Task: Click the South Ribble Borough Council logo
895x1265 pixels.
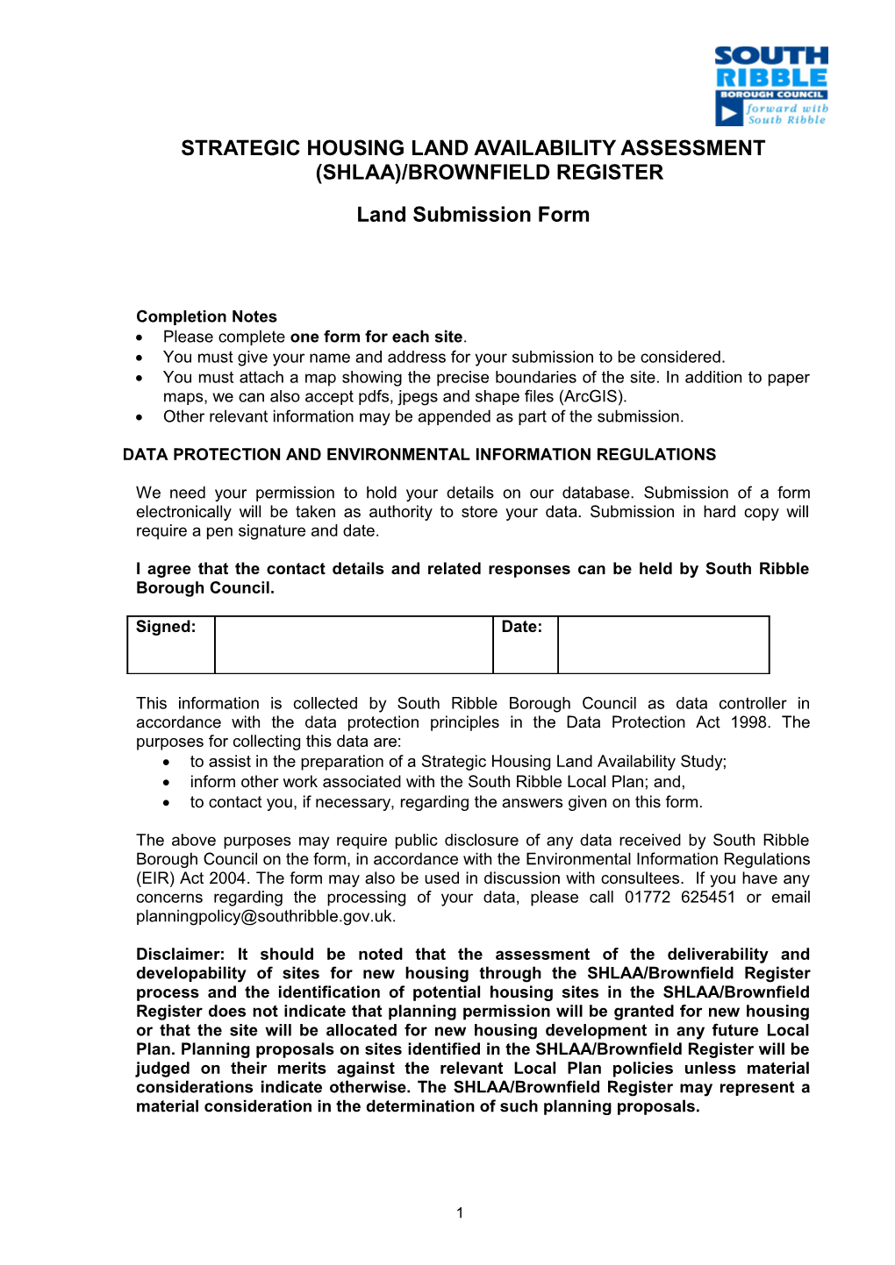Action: pyautogui.click(x=771, y=86)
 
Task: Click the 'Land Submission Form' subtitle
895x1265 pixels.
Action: pyautogui.click(x=473, y=215)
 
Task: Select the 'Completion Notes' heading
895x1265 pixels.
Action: pyautogui.click(x=206, y=316)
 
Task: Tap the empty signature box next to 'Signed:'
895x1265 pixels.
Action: pyautogui.click(x=354, y=645)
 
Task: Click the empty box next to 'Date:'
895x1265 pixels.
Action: pyautogui.click(x=663, y=645)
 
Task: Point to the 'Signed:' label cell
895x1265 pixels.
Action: pyautogui.click(x=171, y=644)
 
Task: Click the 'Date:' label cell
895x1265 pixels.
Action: pyautogui.click(x=525, y=644)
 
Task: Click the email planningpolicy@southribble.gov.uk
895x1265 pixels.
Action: pyautogui.click(x=265, y=916)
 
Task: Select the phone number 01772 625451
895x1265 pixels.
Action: pyautogui.click(x=679, y=897)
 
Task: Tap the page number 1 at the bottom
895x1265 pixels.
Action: pyautogui.click(x=460, y=1213)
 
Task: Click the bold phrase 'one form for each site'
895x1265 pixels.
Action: pyautogui.click(x=376, y=337)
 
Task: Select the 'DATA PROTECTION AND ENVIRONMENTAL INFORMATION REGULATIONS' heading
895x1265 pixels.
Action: pyautogui.click(x=419, y=454)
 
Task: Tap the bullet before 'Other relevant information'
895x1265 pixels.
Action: pyautogui.click(x=140, y=417)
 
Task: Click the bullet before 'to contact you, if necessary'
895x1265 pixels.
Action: pyautogui.click(x=168, y=803)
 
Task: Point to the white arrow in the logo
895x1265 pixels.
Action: pyautogui.click(x=728, y=113)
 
